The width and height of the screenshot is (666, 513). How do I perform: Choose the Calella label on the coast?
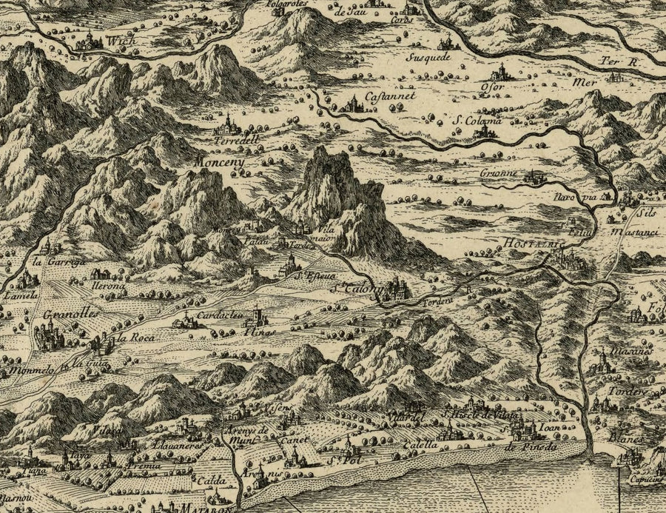[420, 446]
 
